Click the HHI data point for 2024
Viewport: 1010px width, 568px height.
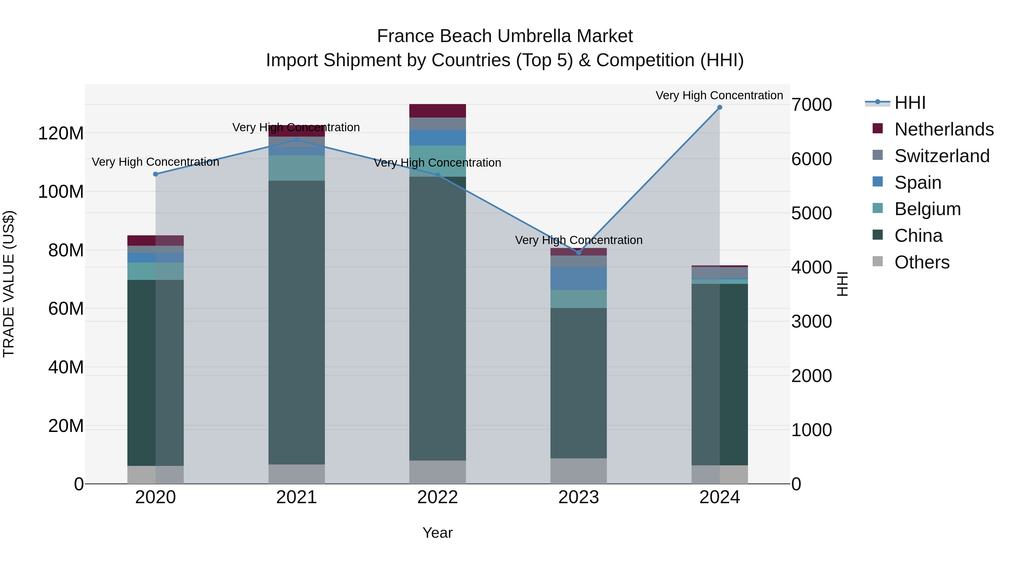[x=719, y=107]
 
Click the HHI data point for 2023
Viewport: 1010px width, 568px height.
[x=579, y=252]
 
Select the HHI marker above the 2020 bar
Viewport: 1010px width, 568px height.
[x=156, y=174]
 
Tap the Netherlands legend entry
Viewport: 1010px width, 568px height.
[x=944, y=129]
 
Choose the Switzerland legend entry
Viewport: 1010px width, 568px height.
[x=942, y=156]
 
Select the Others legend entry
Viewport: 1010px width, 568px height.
[x=922, y=262]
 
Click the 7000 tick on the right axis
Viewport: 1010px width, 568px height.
[x=811, y=105]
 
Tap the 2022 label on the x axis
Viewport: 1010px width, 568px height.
[x=438, y=497]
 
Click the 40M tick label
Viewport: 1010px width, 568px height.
[x=65, y=367]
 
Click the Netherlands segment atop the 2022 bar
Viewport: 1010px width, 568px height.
[x=438, y=111]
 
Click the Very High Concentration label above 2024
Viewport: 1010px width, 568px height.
[x=719, y=95]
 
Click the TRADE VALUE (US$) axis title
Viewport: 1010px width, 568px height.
[x=9, y=284]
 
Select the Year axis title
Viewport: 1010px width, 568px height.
[x=438, y=533]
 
